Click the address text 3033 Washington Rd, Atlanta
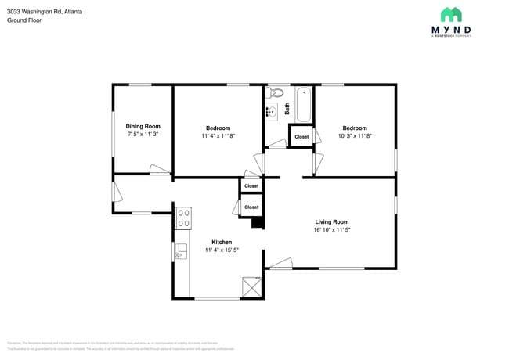click(x=44, y=13)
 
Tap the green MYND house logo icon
click(x=450, y=14)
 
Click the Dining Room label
click(x=143, y=126)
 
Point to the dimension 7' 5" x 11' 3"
click(x=143, y=135)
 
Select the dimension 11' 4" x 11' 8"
click(x=218, y=136)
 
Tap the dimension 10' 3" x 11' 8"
click(x=354, y=136)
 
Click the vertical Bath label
click(x=287, y=110)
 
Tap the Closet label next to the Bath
click(x=301, y=137)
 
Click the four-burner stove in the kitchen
click(x=183, y=218)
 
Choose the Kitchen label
click(x=222, y=242)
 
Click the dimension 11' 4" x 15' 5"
click(x=222, y=250)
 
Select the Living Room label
click(x=332, y=221)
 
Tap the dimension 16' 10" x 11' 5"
click(x=332, y=230)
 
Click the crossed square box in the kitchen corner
click(x=251, y=286)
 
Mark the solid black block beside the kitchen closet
click(x=256, y=222)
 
